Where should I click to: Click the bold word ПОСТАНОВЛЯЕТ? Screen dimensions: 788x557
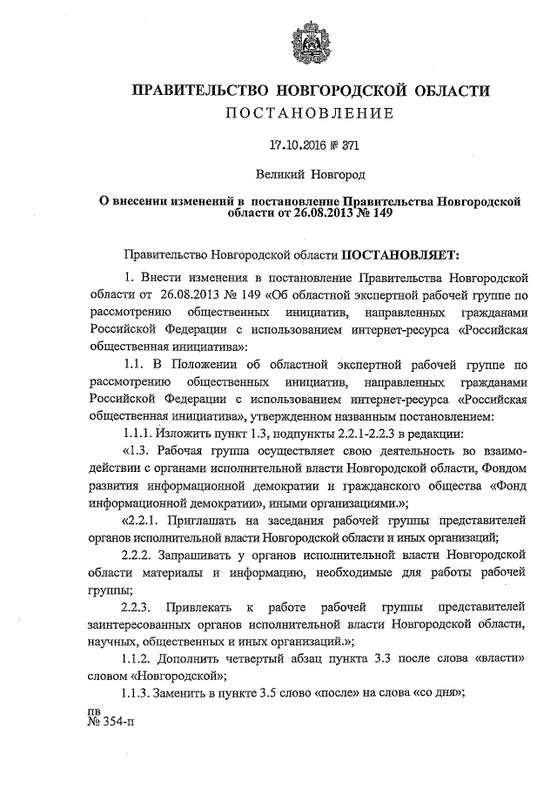pyautogui.click(x=404, y=255)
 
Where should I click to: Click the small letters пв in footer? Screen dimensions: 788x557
pyautogui.click(x=96, y=711)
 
